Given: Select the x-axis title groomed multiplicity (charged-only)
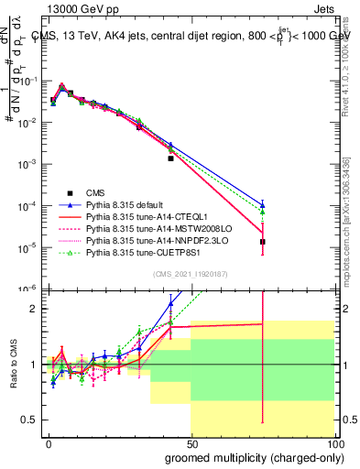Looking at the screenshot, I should coord(250,456).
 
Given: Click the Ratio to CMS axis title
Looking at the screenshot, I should coord(11,365).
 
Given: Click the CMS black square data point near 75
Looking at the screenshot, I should coord(263,242).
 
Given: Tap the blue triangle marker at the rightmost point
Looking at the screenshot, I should coord(263,204).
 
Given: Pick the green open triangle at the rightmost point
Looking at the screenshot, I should coord(263,212).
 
